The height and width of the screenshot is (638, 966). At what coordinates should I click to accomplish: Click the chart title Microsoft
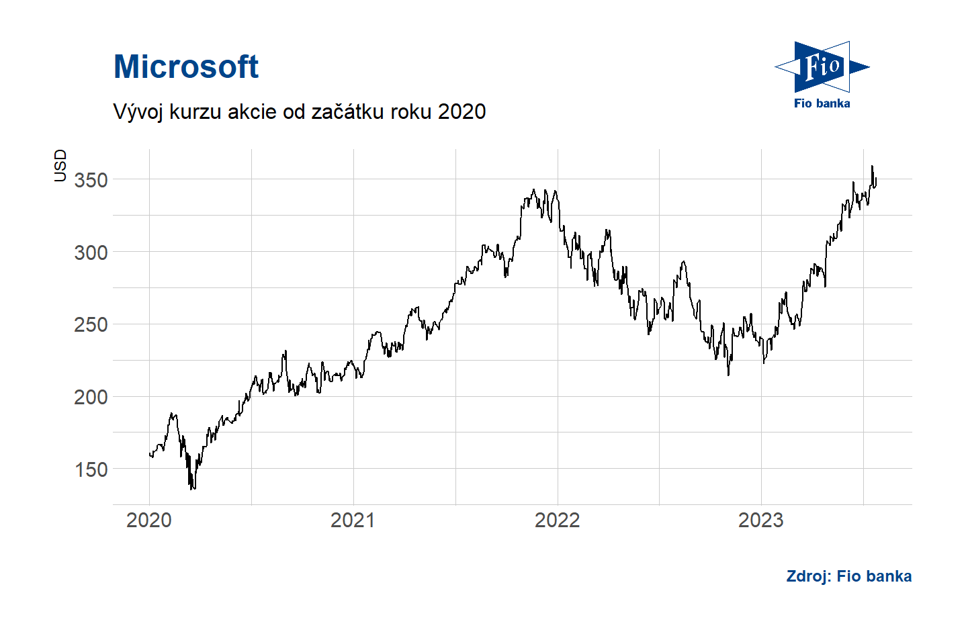click(x=186, y=67)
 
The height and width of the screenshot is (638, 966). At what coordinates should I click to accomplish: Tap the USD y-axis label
click(x=60, y=165)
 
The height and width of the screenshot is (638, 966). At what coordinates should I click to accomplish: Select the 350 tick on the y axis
click(x=91, y=180)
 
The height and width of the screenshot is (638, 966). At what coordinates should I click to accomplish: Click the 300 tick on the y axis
click(x=91, y=253)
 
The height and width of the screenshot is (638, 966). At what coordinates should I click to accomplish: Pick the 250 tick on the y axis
click(x=91, y=324)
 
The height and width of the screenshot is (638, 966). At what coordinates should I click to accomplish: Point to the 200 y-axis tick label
click(x=91, y=397)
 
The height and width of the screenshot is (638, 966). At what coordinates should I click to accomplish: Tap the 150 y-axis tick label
click(x=91, y=469)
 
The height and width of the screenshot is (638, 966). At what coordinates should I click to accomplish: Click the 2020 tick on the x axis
click(x=149, y=520)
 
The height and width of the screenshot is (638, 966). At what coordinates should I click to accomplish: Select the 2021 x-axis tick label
click(x=353, y=520)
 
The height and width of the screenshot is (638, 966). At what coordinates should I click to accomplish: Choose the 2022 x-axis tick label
click(x=557, y=520)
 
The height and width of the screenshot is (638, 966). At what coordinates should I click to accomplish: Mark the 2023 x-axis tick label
click(x=760, y=520)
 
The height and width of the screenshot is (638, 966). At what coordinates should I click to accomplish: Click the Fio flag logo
click(x=822, y=66)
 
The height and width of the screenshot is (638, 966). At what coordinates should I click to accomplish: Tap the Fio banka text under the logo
click(x=822, y=103)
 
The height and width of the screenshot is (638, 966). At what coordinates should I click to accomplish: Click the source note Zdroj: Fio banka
click(x=848, y=576)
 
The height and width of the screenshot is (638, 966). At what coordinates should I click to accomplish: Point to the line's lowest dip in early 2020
click(x=192, y=488)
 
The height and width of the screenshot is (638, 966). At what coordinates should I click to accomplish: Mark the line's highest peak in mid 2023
click(x=872, y=167)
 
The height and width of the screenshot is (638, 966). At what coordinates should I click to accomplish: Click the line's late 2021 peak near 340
click(x=534, y=190)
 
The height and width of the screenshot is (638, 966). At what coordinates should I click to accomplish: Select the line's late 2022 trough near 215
click(x=728, y=374)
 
